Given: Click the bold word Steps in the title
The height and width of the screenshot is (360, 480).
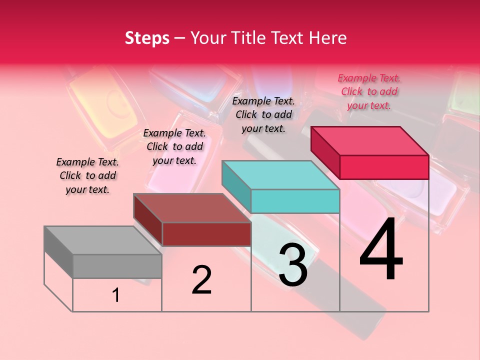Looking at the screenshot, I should click(147, 38).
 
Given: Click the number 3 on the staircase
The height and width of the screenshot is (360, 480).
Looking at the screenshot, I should click(293, 265).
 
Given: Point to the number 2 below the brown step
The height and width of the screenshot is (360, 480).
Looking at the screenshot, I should click(201, 280).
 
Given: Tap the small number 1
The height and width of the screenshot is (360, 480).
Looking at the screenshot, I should click(116, 295).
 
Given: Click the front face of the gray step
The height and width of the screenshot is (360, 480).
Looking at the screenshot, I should click(117, 266).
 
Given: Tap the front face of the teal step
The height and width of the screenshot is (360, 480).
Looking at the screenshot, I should click(295, 201).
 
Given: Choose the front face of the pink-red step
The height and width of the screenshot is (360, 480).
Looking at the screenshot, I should click(384, 167).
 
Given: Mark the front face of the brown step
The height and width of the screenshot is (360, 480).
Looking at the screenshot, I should click(206, 234).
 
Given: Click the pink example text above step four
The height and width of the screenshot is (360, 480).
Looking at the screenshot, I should click(369, 92).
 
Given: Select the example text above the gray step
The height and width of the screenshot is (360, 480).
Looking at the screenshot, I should click(87, 176).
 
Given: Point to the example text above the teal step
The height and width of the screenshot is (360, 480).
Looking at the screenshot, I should click(263, 114).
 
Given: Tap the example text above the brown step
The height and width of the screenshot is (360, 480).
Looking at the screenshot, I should click(174, 147).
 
